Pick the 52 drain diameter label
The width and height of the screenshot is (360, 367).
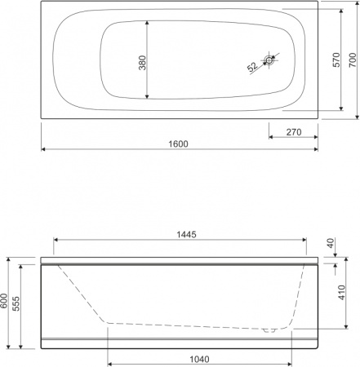(251, 66)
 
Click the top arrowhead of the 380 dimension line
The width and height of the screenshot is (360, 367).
(147, 20)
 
